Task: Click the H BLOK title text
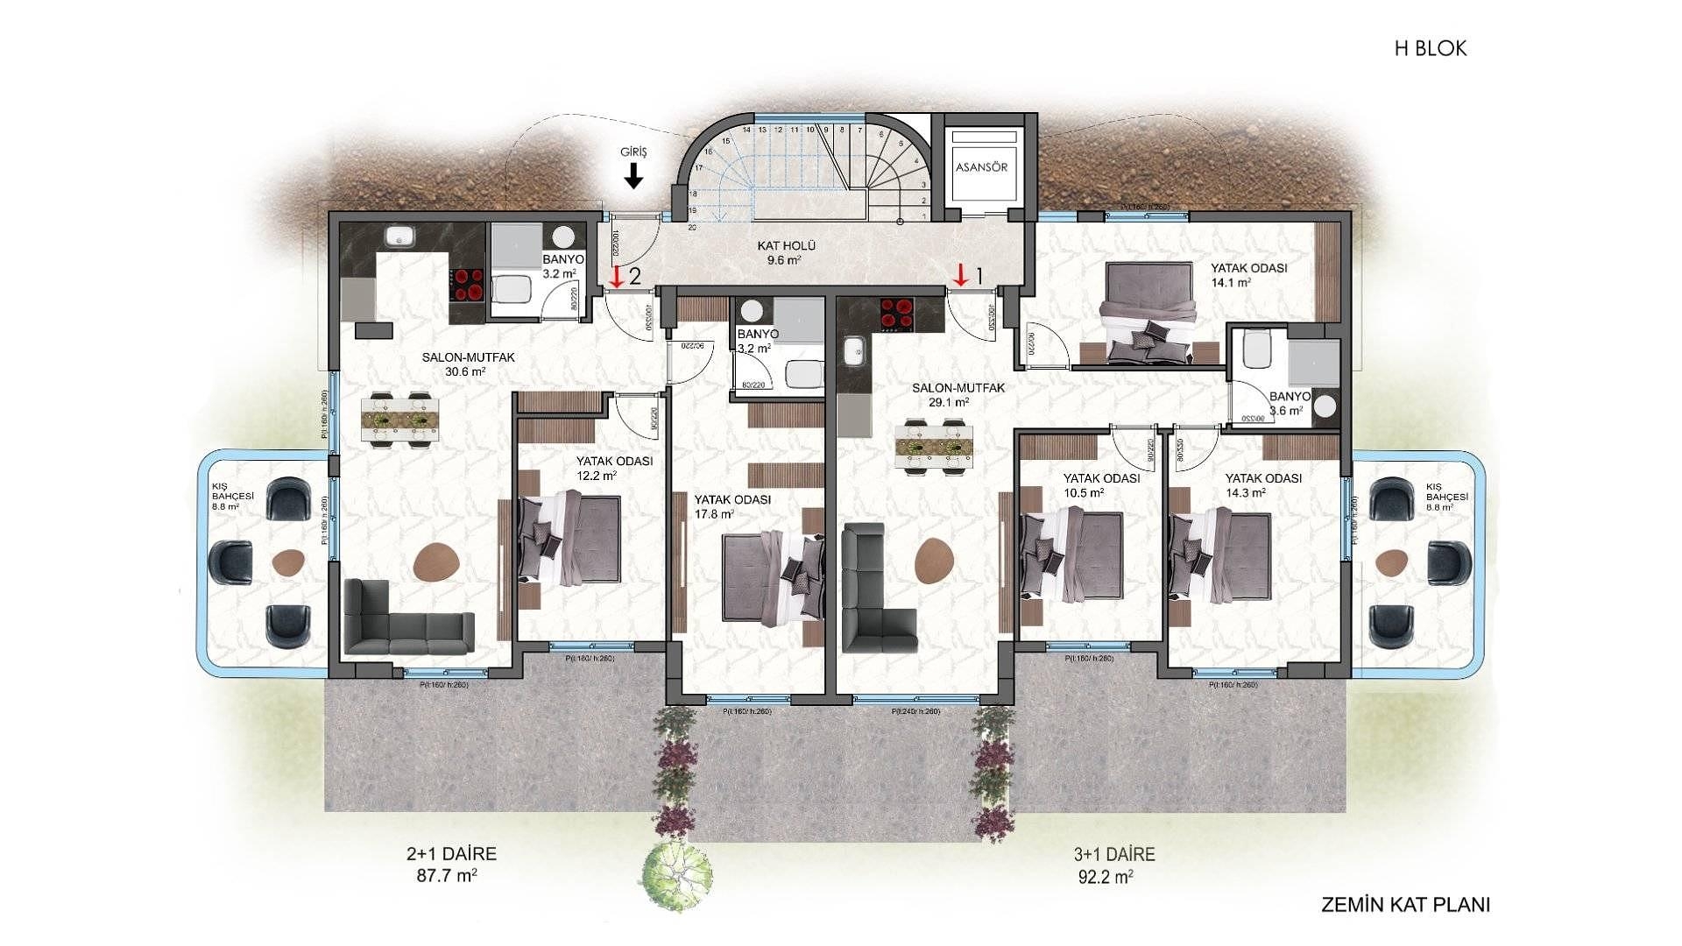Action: [x=1430, y=48]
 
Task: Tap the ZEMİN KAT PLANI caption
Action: [x=1405, y=905]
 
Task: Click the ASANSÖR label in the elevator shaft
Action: [x=981, y=166]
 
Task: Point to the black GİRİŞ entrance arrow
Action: [x=633, y=178]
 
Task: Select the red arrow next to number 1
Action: [x=961, y=275]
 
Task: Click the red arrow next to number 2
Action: [x=617, y=276]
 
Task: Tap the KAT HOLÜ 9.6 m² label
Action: [x=786, y=252]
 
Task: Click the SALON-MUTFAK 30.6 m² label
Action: [x=468, y=364]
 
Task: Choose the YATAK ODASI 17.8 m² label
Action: [x=731, y=505]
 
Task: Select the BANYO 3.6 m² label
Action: [x=1289, y=403]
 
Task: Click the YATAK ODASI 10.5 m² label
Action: [x=1100, y=484]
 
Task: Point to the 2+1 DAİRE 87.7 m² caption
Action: [x=451, y=864]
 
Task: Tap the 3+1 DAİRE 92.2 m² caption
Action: [x=1113, y=864]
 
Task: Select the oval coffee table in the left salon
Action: [x=436, y=561]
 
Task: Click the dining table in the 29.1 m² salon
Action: [x=934, y=447]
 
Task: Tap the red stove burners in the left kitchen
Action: [x=467, y=285]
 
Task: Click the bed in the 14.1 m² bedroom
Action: [x=1149, y=313]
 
